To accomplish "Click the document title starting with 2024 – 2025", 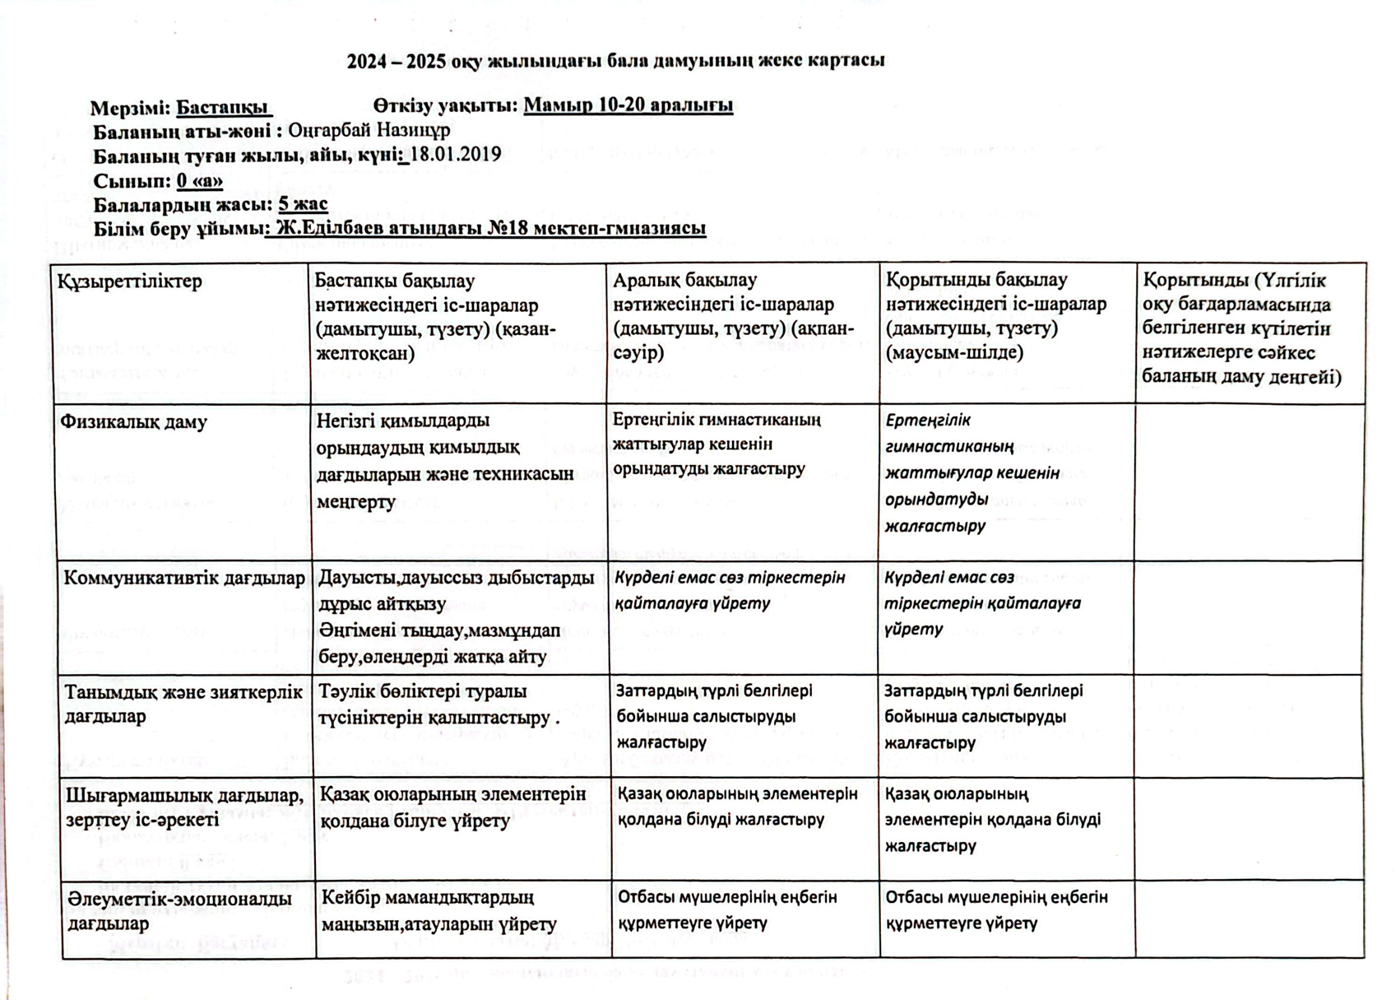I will tap(615, 61).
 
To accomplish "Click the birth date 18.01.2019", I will tap(456, 155).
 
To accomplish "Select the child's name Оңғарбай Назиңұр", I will tap(369, 130).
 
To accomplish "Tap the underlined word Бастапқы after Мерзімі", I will tap(222, 107).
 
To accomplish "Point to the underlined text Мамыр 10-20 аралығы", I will tap(628, 105).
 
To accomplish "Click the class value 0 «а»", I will tap(199, 180).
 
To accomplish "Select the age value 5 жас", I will tap(303, 204).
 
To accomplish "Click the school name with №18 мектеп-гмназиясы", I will tap(490, 228).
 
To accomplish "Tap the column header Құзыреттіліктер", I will tap(130, 281).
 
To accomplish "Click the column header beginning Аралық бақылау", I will tap(735, 316).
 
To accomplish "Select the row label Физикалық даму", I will tap(133, 422).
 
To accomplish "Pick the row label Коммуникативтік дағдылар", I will tap(184, 578).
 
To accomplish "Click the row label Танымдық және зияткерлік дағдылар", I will tap(183, 704).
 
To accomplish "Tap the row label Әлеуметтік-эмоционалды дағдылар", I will tap(179, 910).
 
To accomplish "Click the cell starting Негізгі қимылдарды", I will tap(445, 461).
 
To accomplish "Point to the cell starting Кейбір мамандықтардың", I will tap(439, 911).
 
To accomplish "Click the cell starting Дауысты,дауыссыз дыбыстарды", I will tap(456, 616).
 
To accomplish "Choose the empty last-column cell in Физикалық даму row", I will tap(1249, 481).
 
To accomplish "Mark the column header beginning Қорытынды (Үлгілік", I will tap(1241, 328).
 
